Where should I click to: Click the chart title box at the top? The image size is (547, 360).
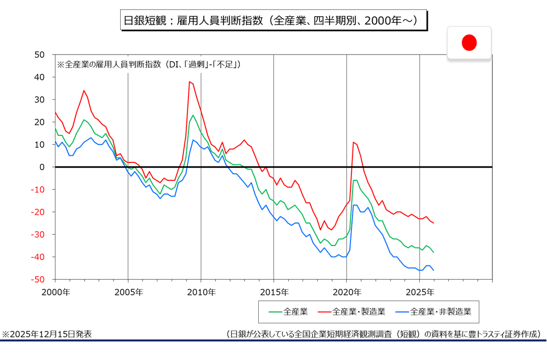click(273, 20)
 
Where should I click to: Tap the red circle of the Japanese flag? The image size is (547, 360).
click(469, 43)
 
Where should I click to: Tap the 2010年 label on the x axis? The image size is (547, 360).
click(201, 292)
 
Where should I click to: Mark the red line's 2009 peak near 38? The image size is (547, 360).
click(189, 81)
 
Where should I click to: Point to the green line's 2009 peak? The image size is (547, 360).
click(193, 115)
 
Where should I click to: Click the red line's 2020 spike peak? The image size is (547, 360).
click(353, 142)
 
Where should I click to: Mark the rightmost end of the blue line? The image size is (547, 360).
click(433, 270)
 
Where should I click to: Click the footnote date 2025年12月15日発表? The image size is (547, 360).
click(47, 334)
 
